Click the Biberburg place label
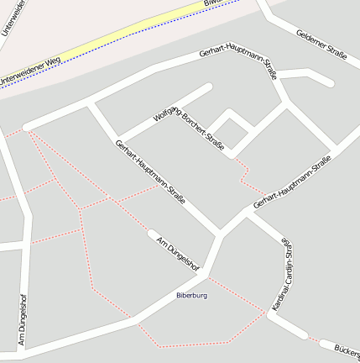pos(191,296)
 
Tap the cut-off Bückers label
pos(346,350)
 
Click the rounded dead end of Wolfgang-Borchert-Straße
pos(207,87)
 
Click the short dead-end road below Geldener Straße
pos(306,76)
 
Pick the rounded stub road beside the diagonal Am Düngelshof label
pos(154,234)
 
